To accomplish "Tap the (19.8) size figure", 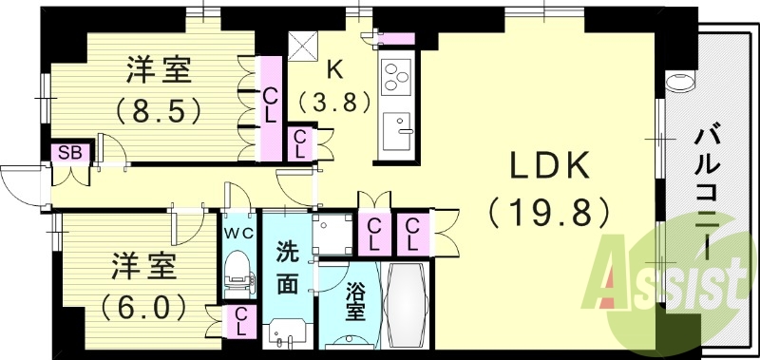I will (x=549, y=212).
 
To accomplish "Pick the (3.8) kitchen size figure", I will (x=333, y=101).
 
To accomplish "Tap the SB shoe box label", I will (x=69, y=152).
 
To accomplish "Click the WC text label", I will (x=237, y=231).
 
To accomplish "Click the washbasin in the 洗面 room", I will (x=286, y=334).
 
